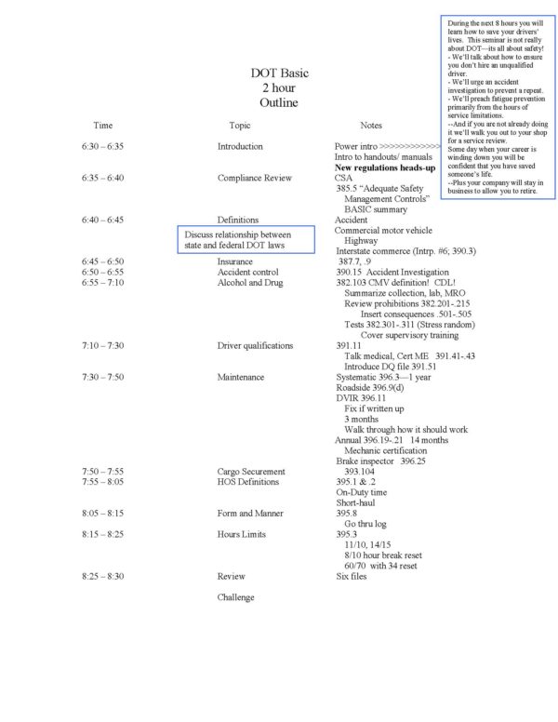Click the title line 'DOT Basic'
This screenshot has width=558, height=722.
click(x=279, y=73)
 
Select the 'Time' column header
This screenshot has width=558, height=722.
click(x=103, y=125)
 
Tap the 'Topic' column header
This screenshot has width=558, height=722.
click(x=240, y=125)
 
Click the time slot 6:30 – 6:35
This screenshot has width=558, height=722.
click(x=102, y=146)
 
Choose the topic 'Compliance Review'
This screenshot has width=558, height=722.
click(x=255, y=178)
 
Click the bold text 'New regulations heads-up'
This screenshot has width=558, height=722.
click(x=385, y=167)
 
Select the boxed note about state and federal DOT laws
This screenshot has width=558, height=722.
click(x=245, y=240)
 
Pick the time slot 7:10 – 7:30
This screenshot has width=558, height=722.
click(x=102, y=345)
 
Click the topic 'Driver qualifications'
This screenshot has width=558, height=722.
click(x=255, y=345)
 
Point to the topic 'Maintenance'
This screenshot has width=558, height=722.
click(x=241, y=377)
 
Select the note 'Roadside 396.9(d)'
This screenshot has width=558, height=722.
click(x=370, y=387)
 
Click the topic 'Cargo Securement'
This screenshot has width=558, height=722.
click(x=251, y=472)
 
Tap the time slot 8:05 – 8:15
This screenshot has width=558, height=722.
click(x=102, y=514)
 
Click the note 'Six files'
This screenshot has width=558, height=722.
click(x=352, y=577)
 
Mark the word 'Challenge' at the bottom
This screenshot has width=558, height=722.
click(x=236, y=597)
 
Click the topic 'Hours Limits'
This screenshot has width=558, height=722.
click(x=242, y=534)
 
